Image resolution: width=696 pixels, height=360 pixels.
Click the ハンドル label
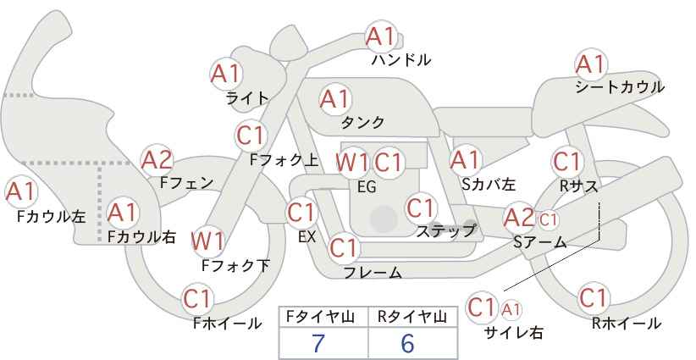point(401,59)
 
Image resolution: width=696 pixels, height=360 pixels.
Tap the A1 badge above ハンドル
point(381,36)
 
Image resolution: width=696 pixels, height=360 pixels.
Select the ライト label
point(247,98)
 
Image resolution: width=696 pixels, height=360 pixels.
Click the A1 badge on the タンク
point(335,99)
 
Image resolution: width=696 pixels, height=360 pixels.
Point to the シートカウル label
point(620,87)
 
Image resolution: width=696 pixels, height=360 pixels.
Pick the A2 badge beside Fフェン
point(157,160)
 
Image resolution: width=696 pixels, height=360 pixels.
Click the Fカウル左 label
point(51,216)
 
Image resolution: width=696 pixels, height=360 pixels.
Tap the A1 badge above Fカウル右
point(123,213)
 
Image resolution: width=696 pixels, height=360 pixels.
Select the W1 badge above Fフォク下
point(207,241)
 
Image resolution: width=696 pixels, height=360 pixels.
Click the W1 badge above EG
point(352,163)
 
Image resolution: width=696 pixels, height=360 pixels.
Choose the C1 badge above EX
point(301,213)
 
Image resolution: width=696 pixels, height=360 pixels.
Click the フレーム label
point(373,272)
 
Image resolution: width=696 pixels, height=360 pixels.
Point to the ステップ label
point(445,231)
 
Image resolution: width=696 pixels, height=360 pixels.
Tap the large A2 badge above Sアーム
point(519,218)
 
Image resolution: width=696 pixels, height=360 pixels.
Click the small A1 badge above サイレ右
point(511,309)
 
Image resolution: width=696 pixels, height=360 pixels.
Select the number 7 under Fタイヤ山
point(318,343)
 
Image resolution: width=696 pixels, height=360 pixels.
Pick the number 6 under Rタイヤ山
point(406,343)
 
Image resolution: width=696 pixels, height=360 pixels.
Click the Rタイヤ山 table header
point(412,317)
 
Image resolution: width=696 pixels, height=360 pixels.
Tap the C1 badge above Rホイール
point(594,298)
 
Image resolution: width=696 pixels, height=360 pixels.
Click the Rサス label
point(579,186)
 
